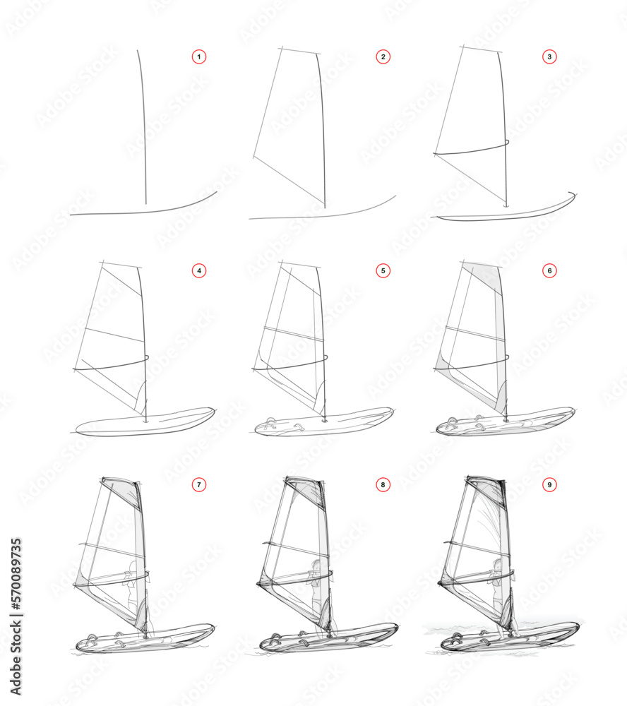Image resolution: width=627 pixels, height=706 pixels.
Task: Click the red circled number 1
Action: pyautogui.click(x=199, y=56)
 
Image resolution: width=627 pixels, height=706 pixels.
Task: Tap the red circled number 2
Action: pyautogui.click(x=383, y=56)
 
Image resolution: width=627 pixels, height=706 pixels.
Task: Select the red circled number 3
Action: pyautogui.click(x=550, y=56)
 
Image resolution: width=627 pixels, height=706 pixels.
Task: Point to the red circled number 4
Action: pyautogui.click(x=199, y=270)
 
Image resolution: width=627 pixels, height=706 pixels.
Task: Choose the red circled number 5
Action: pyautogui.click(x=383, y=270)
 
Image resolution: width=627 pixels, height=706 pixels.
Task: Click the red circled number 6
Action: pyautogui.click(x=550, y=270)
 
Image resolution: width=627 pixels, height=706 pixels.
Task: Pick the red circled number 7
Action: pyautogui.click(x=199, y=485)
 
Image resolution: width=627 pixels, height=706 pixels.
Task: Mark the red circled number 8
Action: pyautogui.click(x=383, y=485)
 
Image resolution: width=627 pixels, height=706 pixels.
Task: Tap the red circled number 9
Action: pyautogui.click(x=550, y=485)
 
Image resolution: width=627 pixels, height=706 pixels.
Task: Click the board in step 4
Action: pyautogui.click(x=145, y=423)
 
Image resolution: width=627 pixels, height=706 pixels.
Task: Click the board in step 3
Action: pyautogui.click(x=505, y=213)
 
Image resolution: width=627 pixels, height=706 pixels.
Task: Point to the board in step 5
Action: pyautogui.click(x=325, y=424)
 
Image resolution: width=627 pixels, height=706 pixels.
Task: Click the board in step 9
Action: pyautogui.click(x=508, y=638)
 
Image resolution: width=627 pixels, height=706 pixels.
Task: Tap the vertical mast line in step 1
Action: pyautogui.click(x=143, y=127)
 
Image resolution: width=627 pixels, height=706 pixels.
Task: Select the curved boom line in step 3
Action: pyautogui.click(x=472, y=149)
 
